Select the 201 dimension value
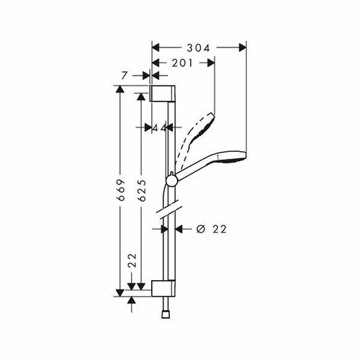183,63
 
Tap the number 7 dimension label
125,74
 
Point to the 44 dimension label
160,127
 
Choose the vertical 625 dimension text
142,189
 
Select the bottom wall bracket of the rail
163,289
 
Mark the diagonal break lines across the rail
168,212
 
